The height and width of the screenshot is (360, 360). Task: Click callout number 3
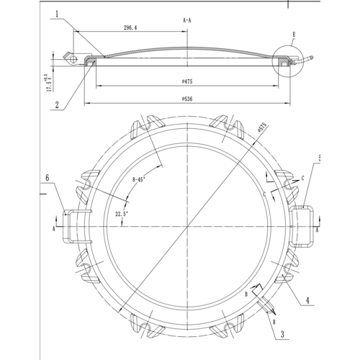283,333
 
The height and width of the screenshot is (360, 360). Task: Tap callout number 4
306,299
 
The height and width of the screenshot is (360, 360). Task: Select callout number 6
48,176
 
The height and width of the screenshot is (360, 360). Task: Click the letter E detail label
293,33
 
